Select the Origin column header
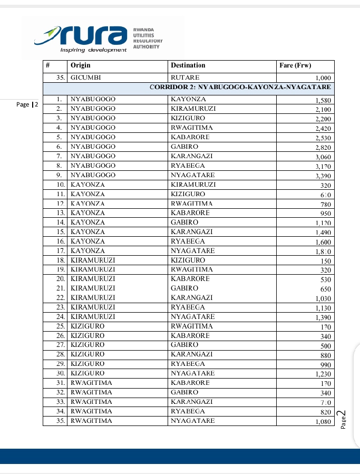tap(81, 65)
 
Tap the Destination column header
tap(188, 65)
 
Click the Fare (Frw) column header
tap(295, 65)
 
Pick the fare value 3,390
tap(322, 176)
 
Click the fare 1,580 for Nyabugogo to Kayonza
tap(322, 100)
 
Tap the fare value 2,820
tap(322, 147)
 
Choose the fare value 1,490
tap(322, 233)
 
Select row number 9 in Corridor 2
tap(60, 175)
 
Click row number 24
tap(60, 317)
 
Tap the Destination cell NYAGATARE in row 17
tap(193, 250)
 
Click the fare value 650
tap(325, 289)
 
